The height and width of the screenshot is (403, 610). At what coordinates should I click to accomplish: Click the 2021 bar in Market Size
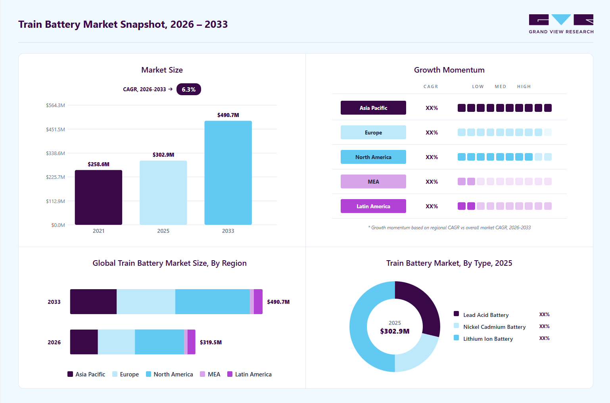tap(98, 198)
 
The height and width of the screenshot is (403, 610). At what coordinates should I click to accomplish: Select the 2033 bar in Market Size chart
tap(228, 173)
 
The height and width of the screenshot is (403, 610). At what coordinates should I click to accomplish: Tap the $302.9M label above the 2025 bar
tap(163, 155)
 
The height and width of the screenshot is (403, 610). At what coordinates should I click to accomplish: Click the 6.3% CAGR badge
tap(189, 89)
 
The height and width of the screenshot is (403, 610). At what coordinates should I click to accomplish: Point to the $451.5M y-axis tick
tap(55, 129)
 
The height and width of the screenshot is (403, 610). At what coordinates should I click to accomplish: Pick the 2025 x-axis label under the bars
tap(163, 231)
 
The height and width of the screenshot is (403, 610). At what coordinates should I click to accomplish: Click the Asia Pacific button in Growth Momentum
tap(373, 108)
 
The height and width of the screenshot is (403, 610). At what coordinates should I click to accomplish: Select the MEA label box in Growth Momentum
tap(373, 182)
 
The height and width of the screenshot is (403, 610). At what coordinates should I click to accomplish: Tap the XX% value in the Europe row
tap(432, 132)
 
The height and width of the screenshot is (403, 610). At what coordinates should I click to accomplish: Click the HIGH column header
tap(524, 86)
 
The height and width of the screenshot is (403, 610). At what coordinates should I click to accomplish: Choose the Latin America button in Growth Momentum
tap(373, 206)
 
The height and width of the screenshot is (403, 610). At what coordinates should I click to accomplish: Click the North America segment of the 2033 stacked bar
tap(213, 302)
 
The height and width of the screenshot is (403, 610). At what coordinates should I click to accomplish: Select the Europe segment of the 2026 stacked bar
tap(116, 342)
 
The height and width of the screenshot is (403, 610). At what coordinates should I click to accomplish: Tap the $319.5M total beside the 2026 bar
tap(211, 342)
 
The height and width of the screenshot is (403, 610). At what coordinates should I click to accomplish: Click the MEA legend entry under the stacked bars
tap(210, 374)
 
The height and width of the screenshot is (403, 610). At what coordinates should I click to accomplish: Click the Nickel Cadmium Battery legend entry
tap(490, 327)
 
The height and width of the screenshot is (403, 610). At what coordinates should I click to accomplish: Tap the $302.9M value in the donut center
tap(395, 331)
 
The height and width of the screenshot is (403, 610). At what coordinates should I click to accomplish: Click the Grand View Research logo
tap(561, 24)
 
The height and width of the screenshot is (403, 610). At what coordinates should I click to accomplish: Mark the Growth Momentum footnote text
tap(449, 228)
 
